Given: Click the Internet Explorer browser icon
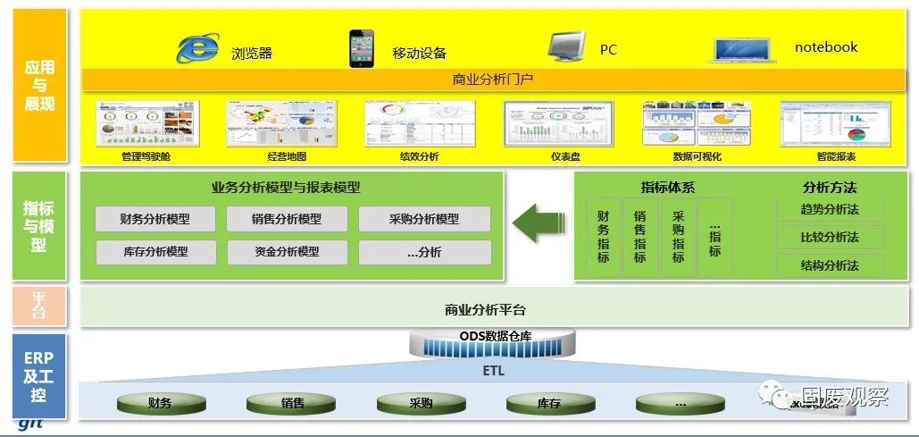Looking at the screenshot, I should [197, 48].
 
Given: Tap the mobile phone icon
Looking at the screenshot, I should [361, 48].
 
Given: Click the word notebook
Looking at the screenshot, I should [825, 47].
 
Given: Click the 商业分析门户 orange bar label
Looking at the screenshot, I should [493, 80].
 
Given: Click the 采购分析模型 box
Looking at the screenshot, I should [424, 219].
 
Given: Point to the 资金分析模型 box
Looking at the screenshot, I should [287, 252].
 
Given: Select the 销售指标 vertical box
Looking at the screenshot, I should [639, 237].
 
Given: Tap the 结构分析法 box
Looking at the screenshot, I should [830, 265].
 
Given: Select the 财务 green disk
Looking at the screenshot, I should [160, 403].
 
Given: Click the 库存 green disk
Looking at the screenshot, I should [548, 403].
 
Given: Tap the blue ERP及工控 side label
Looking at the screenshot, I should [38, 376].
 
